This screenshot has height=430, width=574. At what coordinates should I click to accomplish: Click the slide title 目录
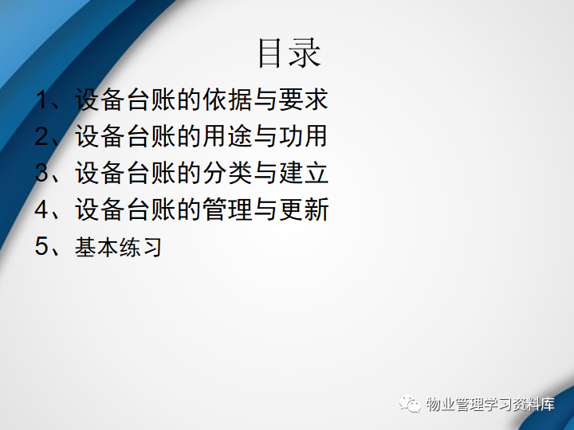pos(289,53)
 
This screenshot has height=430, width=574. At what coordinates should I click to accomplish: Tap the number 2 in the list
pos(43,136)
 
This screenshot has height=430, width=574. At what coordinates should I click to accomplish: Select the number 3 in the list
pos(43,173)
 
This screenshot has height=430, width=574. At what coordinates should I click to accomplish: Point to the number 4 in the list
pos(43,209)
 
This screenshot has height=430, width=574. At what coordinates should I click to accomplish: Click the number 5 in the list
pos(43,246)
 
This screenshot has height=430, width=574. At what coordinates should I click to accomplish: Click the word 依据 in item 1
pos(227,100)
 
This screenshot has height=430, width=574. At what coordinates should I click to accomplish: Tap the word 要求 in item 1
pos(304,100)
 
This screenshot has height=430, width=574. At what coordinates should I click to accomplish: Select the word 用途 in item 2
pos(227,136)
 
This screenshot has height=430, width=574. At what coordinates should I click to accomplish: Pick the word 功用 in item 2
pos(304,136)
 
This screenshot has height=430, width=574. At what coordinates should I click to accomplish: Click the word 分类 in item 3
pos(227,173)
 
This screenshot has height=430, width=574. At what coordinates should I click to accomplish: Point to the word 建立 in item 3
pos(304,173)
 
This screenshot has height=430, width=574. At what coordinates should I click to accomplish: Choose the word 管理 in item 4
pos(227,209)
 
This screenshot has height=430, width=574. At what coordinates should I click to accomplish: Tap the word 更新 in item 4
pos(304,209)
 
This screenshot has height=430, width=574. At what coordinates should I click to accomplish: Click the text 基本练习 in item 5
pos(118,246)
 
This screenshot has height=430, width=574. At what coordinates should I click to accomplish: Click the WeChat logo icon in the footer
pos(410,404)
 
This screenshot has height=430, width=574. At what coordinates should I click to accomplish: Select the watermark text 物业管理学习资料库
pos(490,404)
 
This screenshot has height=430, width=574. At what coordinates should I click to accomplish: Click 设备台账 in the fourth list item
pos(125,209)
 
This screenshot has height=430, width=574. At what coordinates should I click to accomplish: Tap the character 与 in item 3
pos(265,173)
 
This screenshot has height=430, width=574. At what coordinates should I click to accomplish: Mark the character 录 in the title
pos(305,53)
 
